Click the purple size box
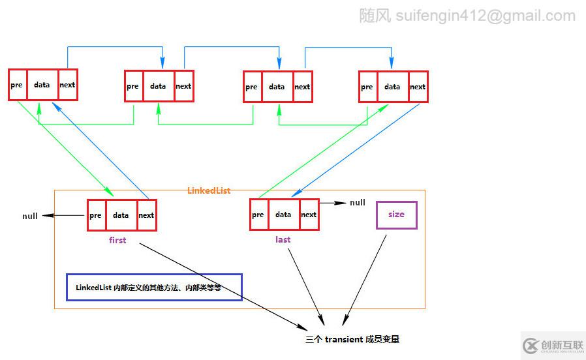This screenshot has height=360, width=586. tap(396, 215)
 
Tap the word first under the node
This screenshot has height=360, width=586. tap(117, 240)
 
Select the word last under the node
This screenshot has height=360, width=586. tap(283, 239)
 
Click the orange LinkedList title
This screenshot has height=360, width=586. tap(209, 190)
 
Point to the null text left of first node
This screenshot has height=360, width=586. tap(30, 216)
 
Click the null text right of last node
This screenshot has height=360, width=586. tap(358, 203)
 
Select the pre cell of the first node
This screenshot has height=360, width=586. tap(96, 215)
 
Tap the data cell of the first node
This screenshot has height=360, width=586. tap(121, 215)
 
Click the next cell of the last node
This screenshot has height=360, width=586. tap(309, 215)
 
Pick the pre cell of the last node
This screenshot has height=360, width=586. tap(258, 215)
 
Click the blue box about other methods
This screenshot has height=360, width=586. tap(154, 287)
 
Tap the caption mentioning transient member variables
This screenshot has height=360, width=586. tap(352, 339)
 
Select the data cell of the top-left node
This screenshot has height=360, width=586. tap(42, 85)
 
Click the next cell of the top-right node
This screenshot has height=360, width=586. tap(418, 87)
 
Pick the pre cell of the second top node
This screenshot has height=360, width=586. tap(133, 86)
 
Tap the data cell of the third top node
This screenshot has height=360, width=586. tap(277, 87)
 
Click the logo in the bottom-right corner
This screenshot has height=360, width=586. tap(552, 345)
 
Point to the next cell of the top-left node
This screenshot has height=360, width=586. tap(67, 85)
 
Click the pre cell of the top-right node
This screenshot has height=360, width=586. tap(367, 87)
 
